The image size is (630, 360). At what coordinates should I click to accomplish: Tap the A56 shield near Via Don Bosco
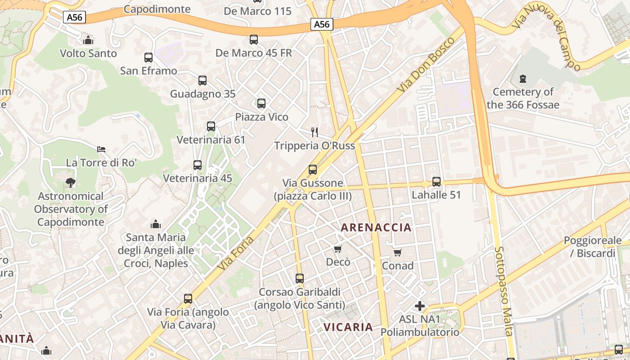coord(322,24)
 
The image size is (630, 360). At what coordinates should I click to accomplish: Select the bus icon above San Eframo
coord(148,58)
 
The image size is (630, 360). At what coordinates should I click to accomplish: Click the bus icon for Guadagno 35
coord(202,81)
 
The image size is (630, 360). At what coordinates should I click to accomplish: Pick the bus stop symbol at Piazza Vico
coord(261,103)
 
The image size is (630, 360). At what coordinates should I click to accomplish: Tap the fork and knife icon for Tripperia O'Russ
coord(315,132)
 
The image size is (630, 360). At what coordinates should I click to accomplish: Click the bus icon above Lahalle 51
coord(436,182)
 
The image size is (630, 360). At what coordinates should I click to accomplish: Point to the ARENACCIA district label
coord(376,228)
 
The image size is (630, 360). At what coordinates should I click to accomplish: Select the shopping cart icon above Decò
coord(338,249)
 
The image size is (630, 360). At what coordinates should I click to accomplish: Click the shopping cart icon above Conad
coord(397,252)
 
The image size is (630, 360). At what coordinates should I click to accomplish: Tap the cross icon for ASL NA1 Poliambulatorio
coord(420,306)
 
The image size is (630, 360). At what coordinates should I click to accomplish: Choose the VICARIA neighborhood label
coord(348,327)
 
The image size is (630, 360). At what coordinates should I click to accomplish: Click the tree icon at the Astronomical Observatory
coord(70,183)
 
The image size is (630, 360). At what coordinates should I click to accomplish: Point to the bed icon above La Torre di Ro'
coord(101,149)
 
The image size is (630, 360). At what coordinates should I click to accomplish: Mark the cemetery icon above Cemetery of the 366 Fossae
coord(522,79)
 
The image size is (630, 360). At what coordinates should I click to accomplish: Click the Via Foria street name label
coord(235,253)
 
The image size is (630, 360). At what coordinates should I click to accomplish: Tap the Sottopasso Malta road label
coord(504,291)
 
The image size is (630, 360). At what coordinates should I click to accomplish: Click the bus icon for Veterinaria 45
coord(197,165)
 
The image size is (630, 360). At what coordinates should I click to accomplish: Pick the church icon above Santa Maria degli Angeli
coord(156,224)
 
